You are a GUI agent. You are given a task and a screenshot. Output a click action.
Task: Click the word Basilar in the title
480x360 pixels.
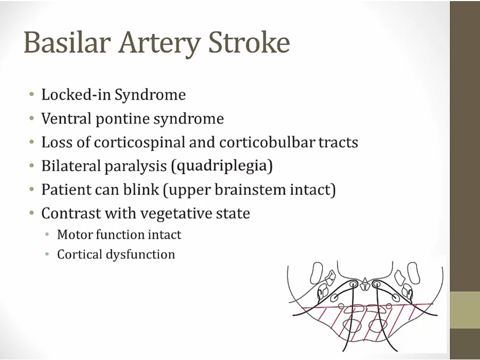click(x=67, y=42)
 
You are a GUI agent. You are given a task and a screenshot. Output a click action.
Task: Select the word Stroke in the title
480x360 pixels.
click(x=249, y=42)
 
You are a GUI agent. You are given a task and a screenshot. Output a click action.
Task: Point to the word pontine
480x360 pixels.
click(x=122, y=119)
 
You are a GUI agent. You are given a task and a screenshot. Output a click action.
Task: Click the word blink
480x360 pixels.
click(x=141, y=189)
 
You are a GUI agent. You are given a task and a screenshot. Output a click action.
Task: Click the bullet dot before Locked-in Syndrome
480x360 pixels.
click(x=32, y=94)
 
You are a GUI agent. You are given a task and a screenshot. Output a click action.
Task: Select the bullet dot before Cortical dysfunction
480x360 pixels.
click(x=47, y=254)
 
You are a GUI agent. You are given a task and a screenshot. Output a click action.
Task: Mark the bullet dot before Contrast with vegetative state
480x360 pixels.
click(x=32, y=213)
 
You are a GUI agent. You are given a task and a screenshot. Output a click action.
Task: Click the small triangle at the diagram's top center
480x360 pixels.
click(x=365, y=281)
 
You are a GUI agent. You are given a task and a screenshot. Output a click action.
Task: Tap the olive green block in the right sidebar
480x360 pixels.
click(x=465, y=310)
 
